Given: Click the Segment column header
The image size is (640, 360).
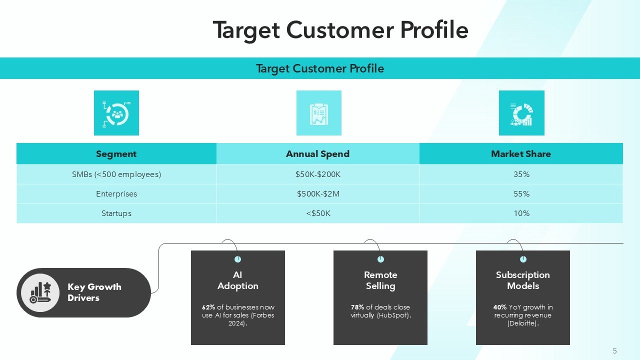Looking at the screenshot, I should pos(116,154).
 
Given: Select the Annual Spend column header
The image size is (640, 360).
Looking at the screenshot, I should pos(317,154).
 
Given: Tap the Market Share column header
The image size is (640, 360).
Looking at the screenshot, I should pos(521,154).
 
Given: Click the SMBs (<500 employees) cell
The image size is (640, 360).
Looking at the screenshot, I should pos(116,174).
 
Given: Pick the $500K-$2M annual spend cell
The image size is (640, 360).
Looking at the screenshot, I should pos(318,194).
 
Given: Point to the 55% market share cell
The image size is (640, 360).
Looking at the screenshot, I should pos(521,194).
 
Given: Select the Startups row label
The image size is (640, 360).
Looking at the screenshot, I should pos(116,213).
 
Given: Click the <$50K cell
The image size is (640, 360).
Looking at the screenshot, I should pos(318,213).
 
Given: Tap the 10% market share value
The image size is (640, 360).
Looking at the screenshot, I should pos(521,213).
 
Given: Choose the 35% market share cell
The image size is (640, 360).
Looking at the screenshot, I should pos(521,174).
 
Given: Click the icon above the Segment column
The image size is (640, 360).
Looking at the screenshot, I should pos(116,113).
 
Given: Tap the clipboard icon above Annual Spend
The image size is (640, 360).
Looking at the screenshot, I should pos(318,113).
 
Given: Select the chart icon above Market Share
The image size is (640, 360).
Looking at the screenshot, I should pos(521,113).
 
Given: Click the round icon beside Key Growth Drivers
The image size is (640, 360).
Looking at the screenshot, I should pos(40,292).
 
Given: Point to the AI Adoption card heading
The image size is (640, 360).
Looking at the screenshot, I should pos(238,280).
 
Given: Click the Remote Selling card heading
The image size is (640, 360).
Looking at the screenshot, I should pos(380,280).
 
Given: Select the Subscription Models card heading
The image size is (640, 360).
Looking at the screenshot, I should pos(523,280).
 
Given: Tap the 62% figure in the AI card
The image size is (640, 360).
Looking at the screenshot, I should pos(208,307).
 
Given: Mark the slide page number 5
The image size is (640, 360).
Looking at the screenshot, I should pos(614,351).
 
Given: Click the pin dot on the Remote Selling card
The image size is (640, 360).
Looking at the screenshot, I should pos(380,259).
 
